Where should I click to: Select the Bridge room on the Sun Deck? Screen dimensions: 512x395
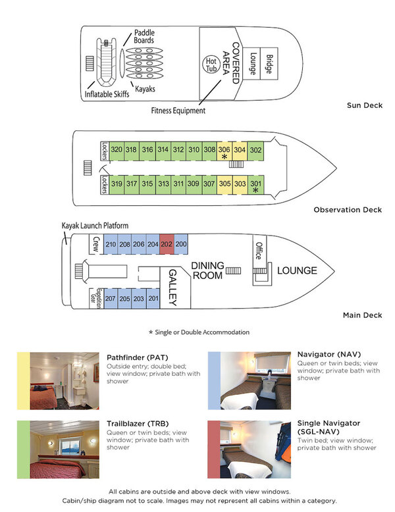pyautogui.click(x=268, y=63)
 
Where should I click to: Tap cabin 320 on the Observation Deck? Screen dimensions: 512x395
pyautogui.click(x=117, y=150)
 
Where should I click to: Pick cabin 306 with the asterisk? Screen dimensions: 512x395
pyautogui.click(x=224, y=153)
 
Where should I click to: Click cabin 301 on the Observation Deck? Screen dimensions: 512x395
pyautogui.click(x=255, y=186)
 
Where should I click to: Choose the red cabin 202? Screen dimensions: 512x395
pyautogui.click(x=167, y=245)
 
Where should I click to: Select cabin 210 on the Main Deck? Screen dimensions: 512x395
pyautogui.click(x=111, y=245)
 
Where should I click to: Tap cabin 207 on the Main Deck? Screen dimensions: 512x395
pyautogui.click(x=111, y=298)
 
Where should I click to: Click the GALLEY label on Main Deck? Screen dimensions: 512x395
pyautogui.click(x=173, y=287)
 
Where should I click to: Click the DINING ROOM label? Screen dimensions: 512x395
pyautogui.click(x=207, y=270)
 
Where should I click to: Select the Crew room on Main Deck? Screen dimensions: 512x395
pyautogui.click(x=95, y=244)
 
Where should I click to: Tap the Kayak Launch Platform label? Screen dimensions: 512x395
pyautogui.click(x=95, y=226)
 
